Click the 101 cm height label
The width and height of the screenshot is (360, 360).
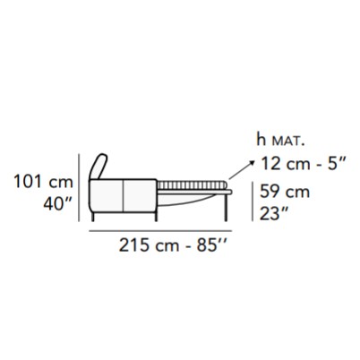click(44, 182)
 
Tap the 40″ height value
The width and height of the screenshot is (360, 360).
click(57, 204)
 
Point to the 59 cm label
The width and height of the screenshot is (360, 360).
click(285, 192)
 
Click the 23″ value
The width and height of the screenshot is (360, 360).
click(274, 214)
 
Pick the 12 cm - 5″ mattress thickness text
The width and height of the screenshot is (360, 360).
click(304, 164)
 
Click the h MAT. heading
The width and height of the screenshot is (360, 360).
click(280, 141)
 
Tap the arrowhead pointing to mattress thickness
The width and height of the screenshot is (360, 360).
click(253, 163)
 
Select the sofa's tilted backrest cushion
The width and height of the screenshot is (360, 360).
click(99, 167)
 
